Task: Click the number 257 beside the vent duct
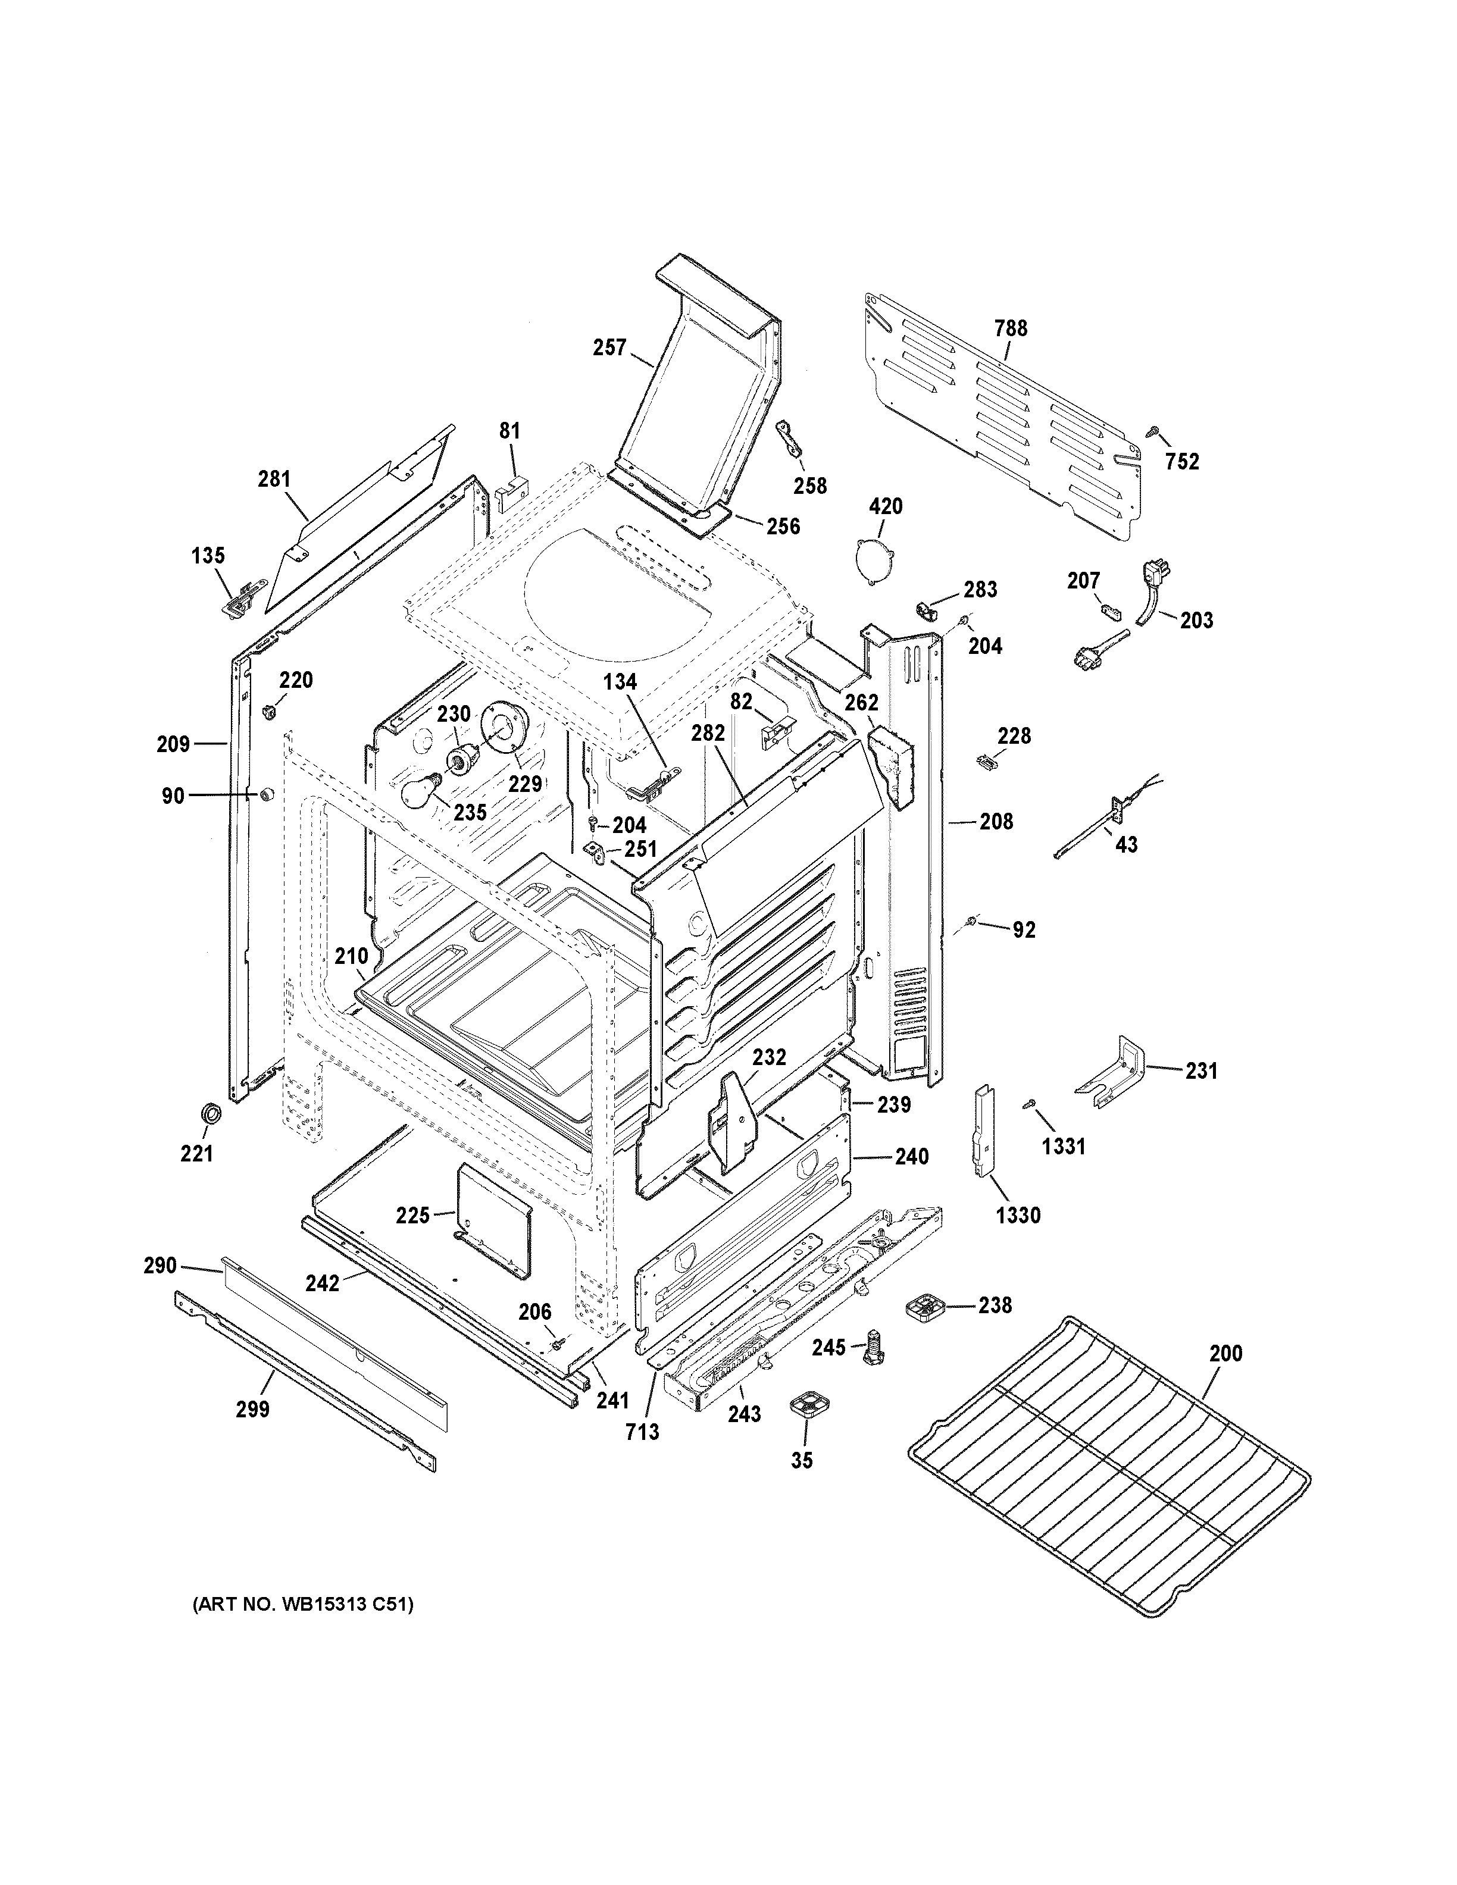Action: [609, 348]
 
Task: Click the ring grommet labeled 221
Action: [209, 1113]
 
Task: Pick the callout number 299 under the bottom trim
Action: [253, 1410]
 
